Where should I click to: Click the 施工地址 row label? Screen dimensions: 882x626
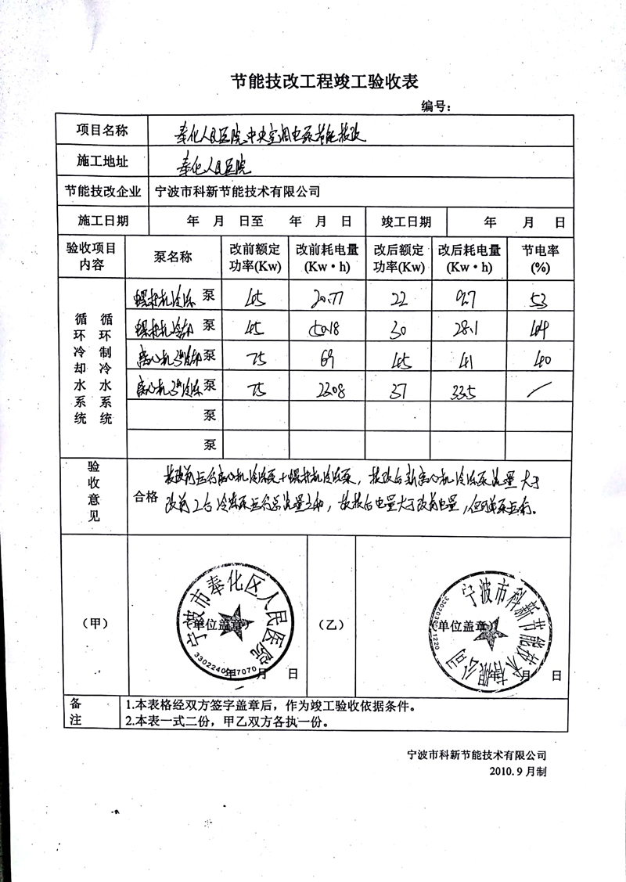(102, 162)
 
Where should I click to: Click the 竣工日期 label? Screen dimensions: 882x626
(405, 221)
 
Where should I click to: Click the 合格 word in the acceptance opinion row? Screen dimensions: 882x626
(146, 495)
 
